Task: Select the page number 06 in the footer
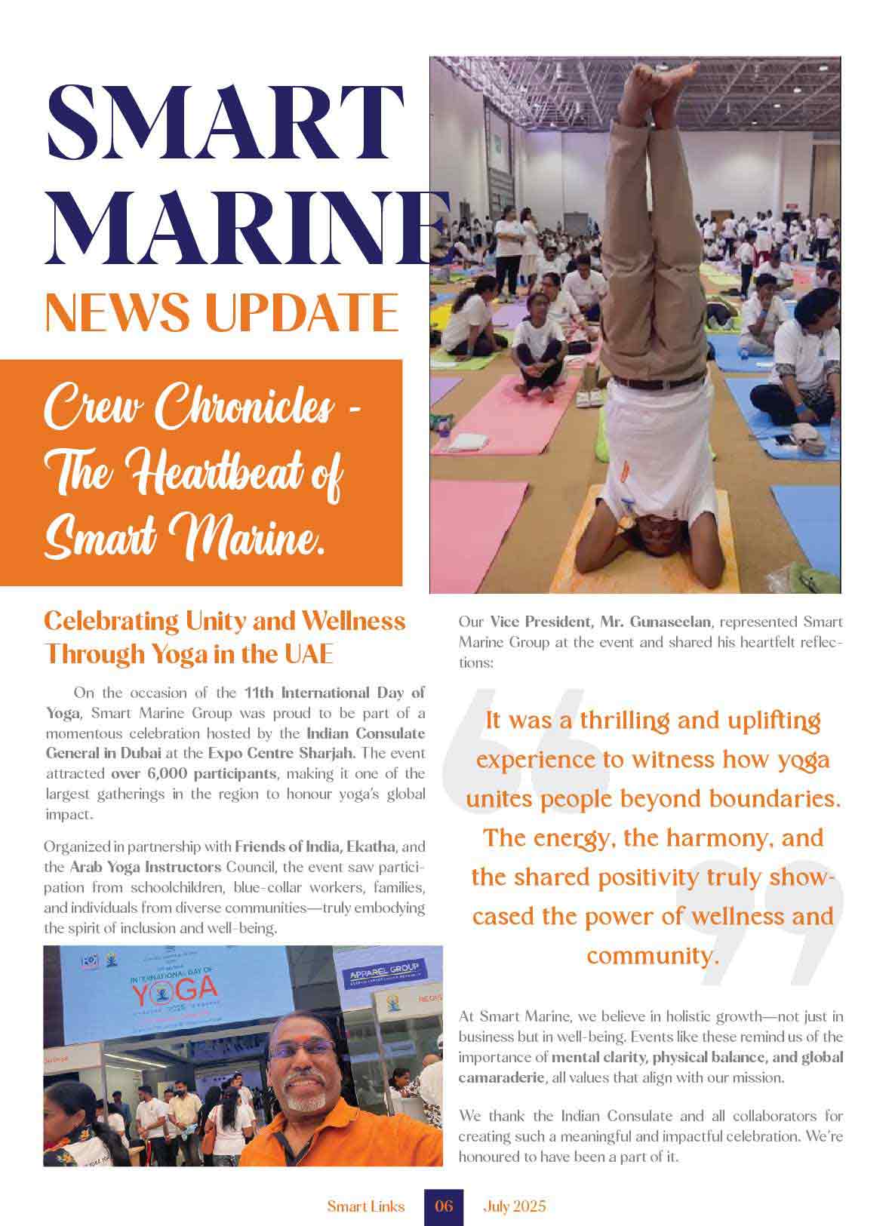click(x=444, y=1206)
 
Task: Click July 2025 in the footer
click(x=514, y=1206)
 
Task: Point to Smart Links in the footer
click(x=366, y=1206)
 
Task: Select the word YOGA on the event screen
click(x=175, y=993)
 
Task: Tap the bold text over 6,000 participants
click(x=194, y=773)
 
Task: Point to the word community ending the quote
click(x=648, y=956)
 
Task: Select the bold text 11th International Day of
click(x=334, y=693)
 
